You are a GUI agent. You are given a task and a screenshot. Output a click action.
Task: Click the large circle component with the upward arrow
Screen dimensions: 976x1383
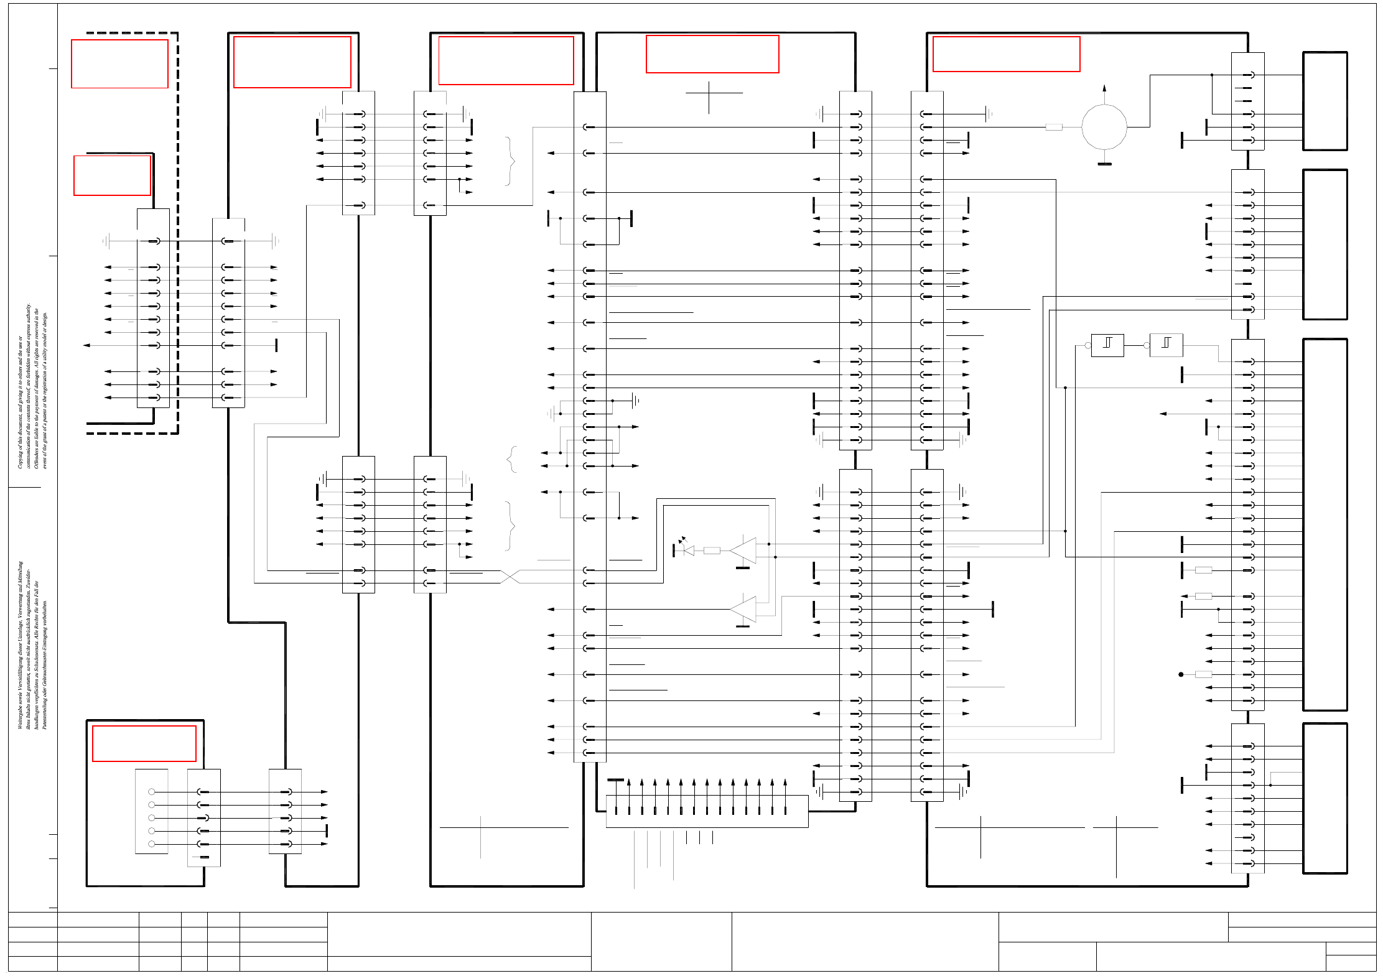point(1104,127)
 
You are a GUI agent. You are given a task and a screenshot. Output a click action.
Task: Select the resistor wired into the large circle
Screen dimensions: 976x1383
point(1053,127)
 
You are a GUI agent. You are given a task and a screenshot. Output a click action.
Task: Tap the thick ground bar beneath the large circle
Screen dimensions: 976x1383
point(1104,164)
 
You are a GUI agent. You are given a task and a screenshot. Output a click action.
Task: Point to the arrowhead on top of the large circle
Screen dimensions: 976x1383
point(1104,88)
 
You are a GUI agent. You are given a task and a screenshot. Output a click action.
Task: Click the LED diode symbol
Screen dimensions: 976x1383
point(688,551)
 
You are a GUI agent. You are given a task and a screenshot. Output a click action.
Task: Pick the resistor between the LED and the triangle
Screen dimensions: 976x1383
point(712,551)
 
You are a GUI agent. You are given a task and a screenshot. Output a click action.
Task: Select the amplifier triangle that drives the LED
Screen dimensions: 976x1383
point(744,551)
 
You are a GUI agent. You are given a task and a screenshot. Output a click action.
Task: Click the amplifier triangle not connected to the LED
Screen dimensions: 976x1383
point(744,609)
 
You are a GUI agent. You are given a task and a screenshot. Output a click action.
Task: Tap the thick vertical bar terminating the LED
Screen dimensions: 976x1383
point(674,551)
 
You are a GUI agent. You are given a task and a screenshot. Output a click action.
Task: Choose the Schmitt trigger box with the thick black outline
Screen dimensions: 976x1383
point(1107,345)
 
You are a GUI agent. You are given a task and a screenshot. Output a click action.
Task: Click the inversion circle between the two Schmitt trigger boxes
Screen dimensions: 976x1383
point(1146,345)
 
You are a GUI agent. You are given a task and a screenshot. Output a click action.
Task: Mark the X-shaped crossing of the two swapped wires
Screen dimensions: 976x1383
point(510,577)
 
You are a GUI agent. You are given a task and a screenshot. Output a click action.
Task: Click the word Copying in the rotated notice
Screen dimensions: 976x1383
point(21,457)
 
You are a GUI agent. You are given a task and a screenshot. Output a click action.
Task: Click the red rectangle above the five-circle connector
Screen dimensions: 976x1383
point(144,743)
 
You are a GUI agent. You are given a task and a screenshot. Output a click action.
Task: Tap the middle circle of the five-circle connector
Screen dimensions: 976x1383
point(151,818)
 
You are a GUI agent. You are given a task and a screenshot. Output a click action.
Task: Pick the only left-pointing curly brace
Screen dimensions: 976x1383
point(511,459)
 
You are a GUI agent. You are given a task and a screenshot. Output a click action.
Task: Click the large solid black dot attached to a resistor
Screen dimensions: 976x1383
point(1181,674)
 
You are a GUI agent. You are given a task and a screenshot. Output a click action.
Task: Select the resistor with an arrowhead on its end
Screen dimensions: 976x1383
point(1203,596)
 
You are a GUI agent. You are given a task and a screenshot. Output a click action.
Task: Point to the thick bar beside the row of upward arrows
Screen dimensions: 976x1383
point(615,779)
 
